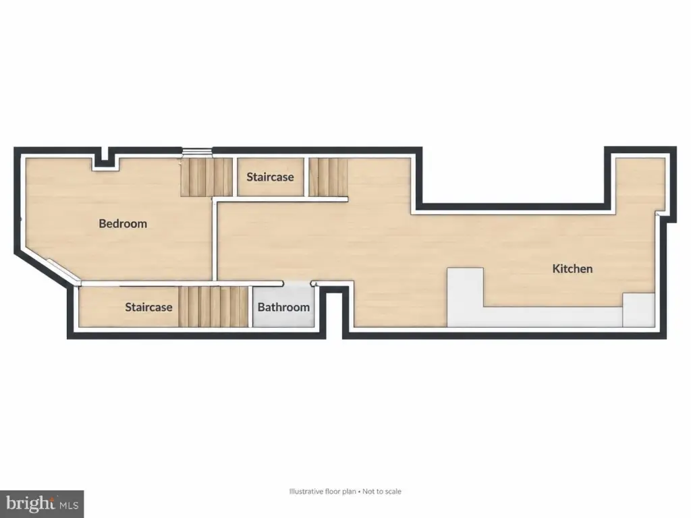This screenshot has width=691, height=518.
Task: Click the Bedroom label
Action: (x=123, y=224)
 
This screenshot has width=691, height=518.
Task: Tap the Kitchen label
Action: (x=572, y=268)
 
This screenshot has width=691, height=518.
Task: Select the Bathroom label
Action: (x=283, y=307)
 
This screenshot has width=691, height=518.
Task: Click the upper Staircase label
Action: (x=270, y=177)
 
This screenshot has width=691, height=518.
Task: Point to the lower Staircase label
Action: (x=148, y=307)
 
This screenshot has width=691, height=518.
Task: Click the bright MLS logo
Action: (x=42, y=504)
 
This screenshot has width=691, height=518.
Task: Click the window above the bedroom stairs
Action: (x=198, y=152)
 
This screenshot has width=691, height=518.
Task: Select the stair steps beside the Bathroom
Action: (x=214, y=307)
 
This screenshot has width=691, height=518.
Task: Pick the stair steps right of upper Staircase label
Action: (x=328, y=177)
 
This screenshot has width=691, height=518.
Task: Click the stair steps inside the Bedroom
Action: (x=206, y=177)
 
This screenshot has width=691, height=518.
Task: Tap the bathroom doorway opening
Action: (x=297, y=283)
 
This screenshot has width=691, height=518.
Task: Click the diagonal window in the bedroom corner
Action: (x=63, y=272)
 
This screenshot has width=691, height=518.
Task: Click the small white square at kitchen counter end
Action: (x=638, y=310)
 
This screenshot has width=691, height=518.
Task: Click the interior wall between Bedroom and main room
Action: (x=215, y=241)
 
